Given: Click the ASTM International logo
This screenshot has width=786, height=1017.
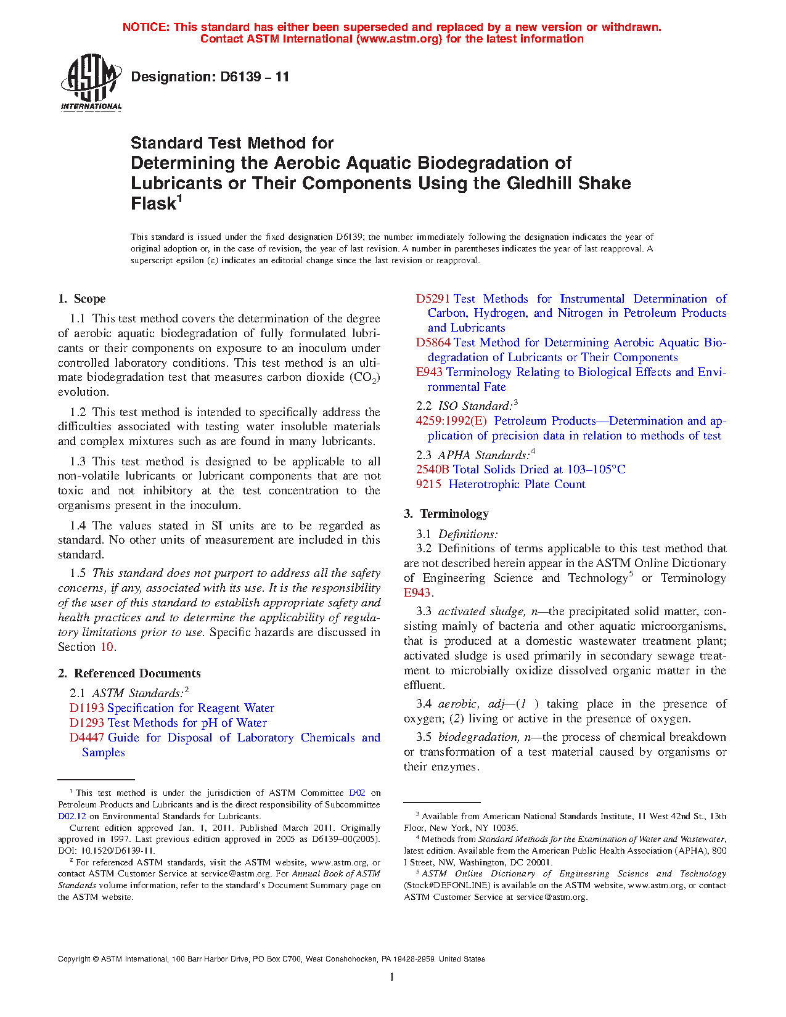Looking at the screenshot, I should click(91, 83).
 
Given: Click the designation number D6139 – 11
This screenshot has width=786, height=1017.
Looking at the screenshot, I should click(210, 77).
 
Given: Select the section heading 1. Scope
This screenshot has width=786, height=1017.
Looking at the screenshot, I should click(82, 299).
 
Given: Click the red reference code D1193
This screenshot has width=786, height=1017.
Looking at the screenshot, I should click(87, 708).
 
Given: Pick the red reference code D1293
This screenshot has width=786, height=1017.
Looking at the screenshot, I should click(87, 723).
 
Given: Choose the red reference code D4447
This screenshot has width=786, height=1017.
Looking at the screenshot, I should click(87, 738).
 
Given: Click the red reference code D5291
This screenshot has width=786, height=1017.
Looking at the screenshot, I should click(433, 299).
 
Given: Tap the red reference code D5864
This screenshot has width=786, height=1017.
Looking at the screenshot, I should click(433, 343).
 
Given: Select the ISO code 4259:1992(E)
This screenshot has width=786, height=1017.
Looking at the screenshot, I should click(451, 421).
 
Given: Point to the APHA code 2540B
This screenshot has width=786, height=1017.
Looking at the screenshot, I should click(433, 470).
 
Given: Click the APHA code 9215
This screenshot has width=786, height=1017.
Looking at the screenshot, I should click(428, 484).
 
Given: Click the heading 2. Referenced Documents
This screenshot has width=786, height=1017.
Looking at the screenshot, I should click(129, 674).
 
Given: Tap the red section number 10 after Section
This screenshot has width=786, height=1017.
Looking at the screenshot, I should click(107, 647).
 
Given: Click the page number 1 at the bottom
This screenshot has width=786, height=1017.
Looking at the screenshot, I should click(392, 976).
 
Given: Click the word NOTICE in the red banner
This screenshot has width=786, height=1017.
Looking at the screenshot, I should click(145, 27).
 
